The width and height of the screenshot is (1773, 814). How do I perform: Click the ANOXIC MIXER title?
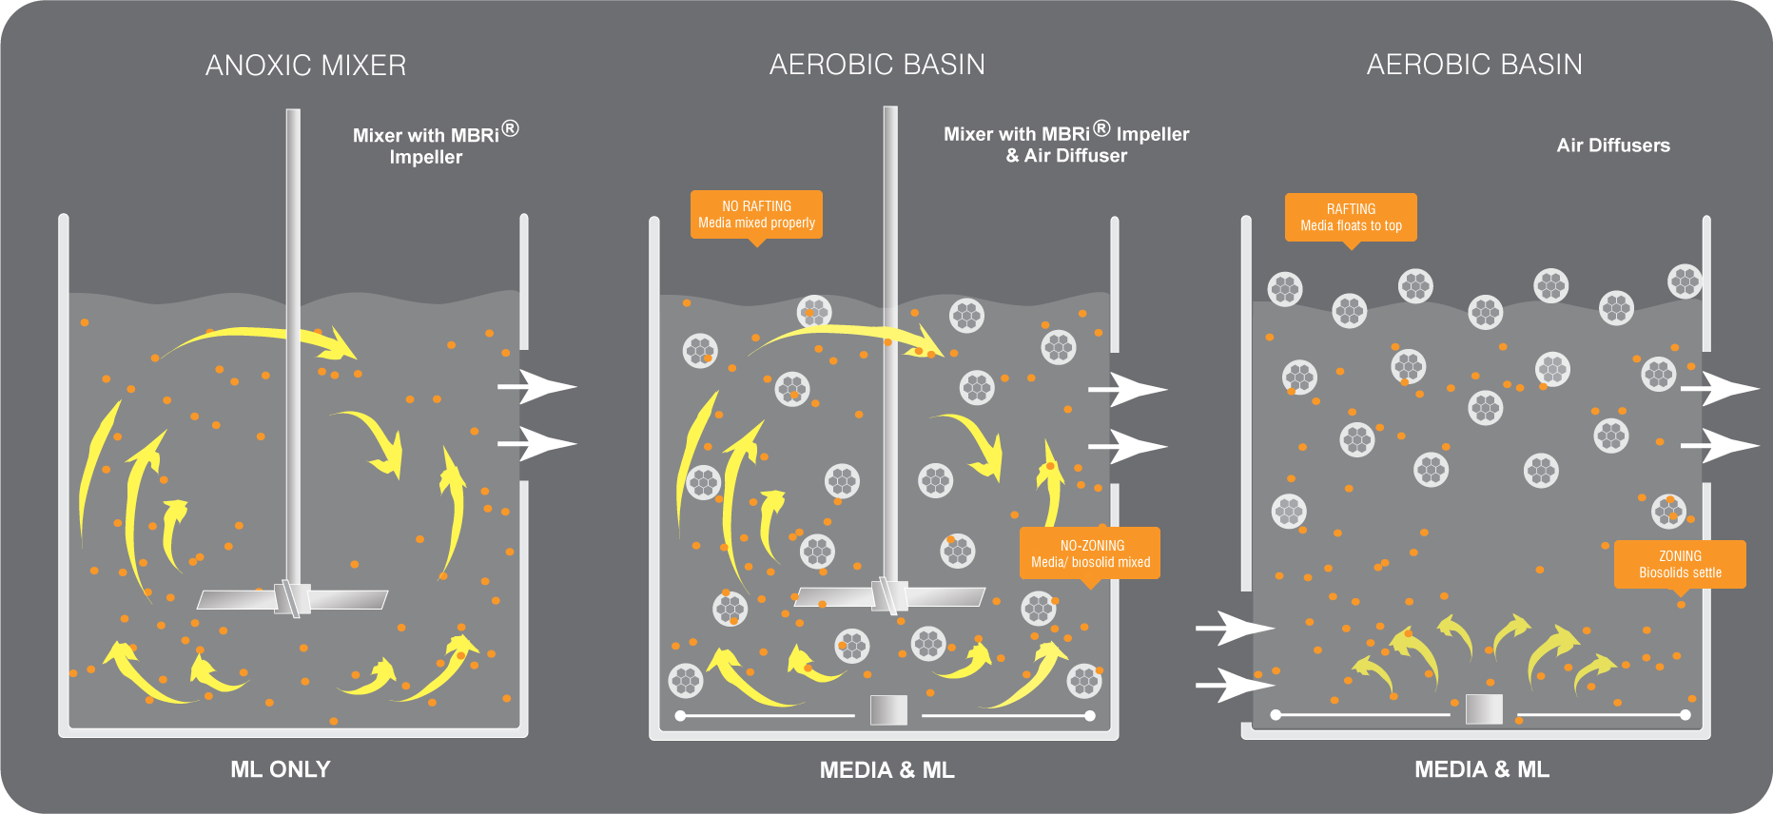(305, 66)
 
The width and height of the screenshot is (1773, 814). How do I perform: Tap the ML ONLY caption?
(281, 769)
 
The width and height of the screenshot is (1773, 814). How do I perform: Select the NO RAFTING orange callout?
(756, 214)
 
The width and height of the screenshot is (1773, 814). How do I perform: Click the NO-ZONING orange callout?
(1090, 553)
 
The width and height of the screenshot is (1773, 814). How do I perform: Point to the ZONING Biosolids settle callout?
(1680, 564)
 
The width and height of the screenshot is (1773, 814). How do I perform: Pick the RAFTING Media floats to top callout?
(1351, 217)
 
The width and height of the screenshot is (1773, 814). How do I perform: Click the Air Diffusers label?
(1613, 145)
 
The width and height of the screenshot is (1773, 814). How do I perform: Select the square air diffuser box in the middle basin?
(888, 709)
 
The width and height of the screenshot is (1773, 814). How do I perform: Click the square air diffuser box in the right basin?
(1484, 708)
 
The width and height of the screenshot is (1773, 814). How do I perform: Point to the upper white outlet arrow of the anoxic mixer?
(537, 386)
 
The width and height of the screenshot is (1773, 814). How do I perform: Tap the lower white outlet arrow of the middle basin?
(1128, 446)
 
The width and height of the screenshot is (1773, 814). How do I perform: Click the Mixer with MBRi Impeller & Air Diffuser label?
(1066, 144)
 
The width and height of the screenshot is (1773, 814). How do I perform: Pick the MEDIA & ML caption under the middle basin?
(886, 770)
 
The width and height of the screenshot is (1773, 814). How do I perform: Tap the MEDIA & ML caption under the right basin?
(1481, 769)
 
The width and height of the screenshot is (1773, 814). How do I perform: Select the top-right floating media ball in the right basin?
(1685, 281)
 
